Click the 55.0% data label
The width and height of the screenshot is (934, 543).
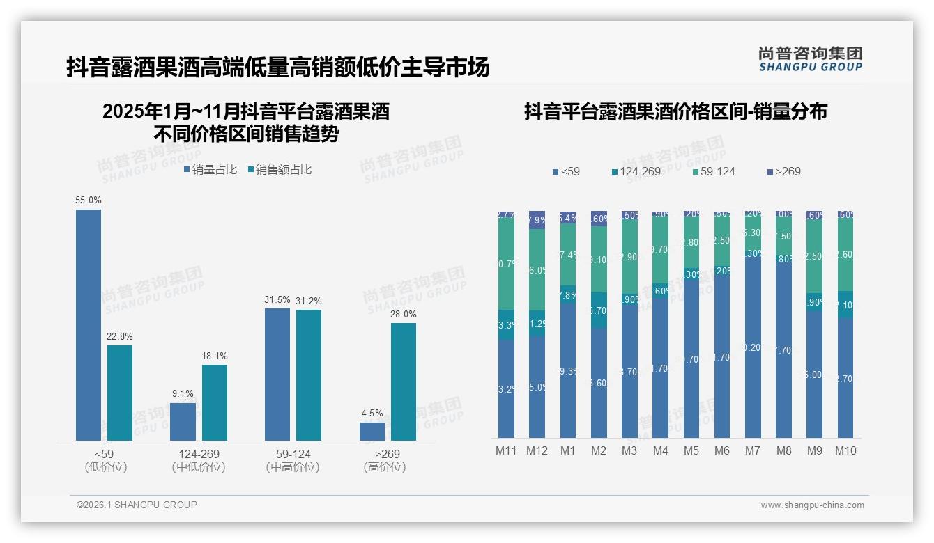[x=89, y=200]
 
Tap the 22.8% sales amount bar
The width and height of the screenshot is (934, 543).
[x=120, y=393]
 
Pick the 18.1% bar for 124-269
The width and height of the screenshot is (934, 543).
[x=215, y=402]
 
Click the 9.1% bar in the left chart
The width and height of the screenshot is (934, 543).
[x=183, y=421]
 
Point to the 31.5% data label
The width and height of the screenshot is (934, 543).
[x=277, y=299]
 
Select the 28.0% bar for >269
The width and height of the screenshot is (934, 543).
[x=404, y=381]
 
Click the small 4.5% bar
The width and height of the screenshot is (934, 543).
[x=372, y=431]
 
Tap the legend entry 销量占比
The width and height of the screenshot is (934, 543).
[x=210, y=170]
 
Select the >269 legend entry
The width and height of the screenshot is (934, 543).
[x=783, y=172]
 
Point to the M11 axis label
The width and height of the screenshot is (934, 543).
[x=506, y=451]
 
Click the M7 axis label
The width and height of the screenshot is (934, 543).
[x=753, y=451]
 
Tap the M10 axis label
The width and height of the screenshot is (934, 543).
[x=845, y=451]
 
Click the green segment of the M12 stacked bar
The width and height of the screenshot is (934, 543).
[x=537, y=269]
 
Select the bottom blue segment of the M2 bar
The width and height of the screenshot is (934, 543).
[x=599, y=383]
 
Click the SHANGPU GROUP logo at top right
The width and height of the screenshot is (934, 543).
[x=810, y=59]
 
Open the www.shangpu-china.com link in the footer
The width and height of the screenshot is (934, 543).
[x=812, y=505]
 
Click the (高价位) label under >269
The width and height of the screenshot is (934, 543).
[x=384, y=467]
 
